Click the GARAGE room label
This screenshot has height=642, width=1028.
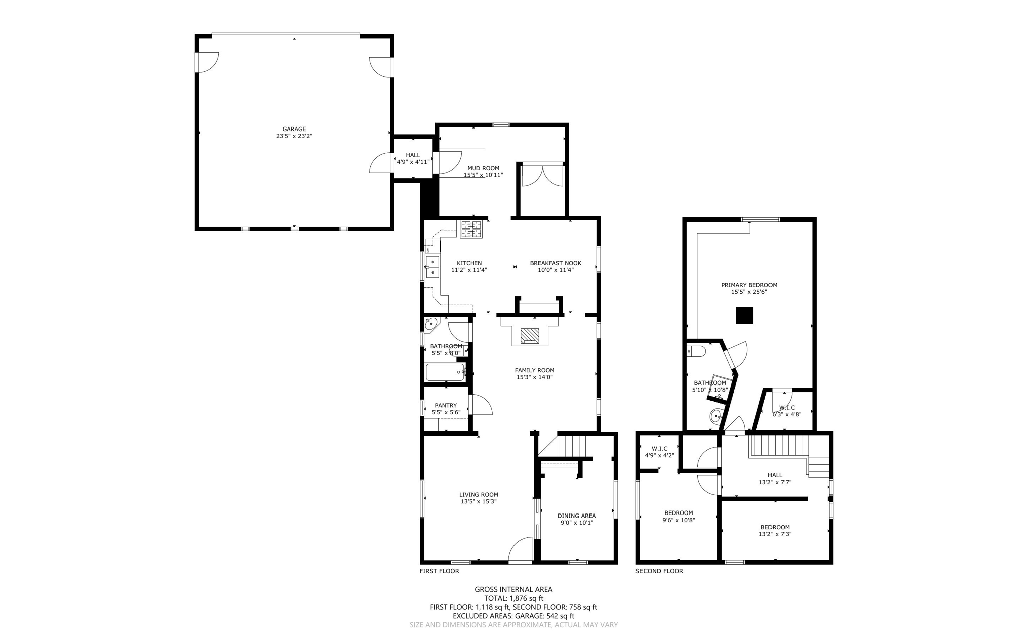tap(294, 129)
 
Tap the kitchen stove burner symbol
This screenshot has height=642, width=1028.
tap(471, 229)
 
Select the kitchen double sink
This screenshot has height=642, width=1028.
tap(432, 267)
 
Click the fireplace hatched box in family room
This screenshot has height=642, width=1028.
tap(530, 335)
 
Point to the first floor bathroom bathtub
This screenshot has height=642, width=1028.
tap(445, 372)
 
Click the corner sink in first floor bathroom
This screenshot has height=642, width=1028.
tap(431, 324)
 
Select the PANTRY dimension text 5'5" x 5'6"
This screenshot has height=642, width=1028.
tap(446, 412)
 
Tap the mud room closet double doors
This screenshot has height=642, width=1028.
tap(542, 176)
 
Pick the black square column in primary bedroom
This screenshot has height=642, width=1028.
tap(745, 315)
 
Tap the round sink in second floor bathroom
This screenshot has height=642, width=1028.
tap(716, 416)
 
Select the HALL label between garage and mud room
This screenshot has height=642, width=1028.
tap(413, 155)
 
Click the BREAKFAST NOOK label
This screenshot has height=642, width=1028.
tap(555, 263)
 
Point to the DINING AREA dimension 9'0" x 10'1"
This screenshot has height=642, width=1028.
tap(577, 523)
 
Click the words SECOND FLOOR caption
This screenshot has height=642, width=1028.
tap(659, 571)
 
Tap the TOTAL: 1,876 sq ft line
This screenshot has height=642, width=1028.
tap(513, 598)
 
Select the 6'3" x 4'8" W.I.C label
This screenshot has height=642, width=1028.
tap(786, 414)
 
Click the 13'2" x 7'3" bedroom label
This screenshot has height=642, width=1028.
tap(775, 534)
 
